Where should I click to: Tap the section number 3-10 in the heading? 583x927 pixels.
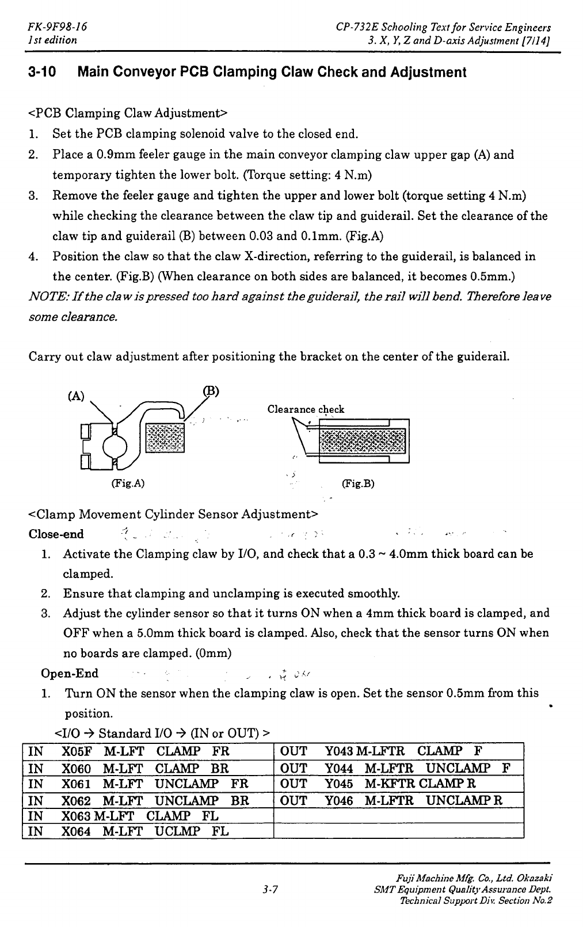click(41, 73)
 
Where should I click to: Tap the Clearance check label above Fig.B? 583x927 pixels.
click(306, 409)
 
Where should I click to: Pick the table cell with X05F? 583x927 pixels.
click(75, 751)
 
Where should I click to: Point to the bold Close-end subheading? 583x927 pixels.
click(56, 534)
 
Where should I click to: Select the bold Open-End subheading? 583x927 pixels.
click(70, 674)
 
